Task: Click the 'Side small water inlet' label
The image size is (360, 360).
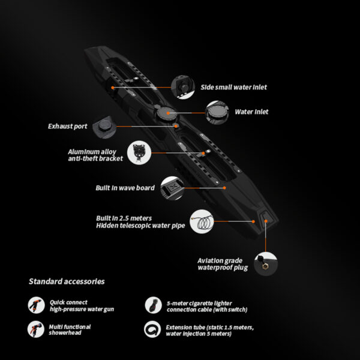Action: pos(234,87)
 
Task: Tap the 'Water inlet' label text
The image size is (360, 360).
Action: pos(251,112)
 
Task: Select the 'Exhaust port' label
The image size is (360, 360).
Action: pos(67,126)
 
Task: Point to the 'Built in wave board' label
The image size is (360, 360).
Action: pos(125,188)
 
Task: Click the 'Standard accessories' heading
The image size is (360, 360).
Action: pos(67,281)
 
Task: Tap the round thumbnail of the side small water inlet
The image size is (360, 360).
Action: pos(183,87)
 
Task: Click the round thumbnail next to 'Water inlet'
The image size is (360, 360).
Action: pos(217,113)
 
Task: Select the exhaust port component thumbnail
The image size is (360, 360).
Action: pos(104,127)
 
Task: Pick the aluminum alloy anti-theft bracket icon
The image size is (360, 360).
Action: pos(139,152)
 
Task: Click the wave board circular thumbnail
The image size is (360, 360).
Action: pos(172,188)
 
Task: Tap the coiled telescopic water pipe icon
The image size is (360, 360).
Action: pos(202,221)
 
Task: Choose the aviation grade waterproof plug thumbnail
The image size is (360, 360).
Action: pos(266,264)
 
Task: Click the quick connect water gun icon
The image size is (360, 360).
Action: pos(36,305)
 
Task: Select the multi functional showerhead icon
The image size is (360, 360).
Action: pos(36,329)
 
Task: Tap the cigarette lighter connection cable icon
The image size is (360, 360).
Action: pos(154,305)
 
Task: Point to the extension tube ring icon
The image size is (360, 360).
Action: pos(152,329)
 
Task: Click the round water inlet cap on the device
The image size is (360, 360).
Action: pos(166,113)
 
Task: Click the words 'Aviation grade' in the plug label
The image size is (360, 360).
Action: pos(220,261)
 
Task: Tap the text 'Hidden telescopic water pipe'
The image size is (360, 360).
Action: pos(140,226)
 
